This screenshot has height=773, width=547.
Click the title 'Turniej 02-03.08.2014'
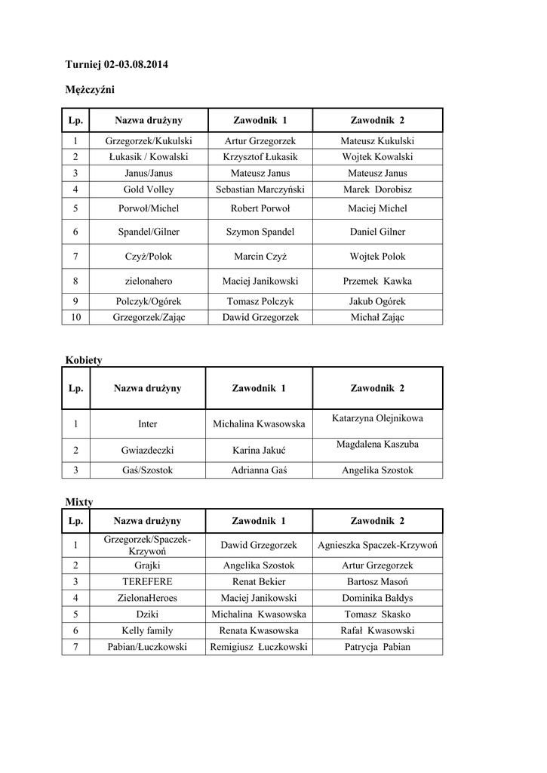tap(117, 64)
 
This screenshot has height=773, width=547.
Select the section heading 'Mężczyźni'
tap(91, 90)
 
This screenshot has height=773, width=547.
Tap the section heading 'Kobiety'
tap(84, 360)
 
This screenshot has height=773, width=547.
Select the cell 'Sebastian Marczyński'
tap(260, 189)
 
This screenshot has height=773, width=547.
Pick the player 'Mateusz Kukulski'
tap(377, 141)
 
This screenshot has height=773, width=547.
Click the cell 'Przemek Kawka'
tap(377, 281)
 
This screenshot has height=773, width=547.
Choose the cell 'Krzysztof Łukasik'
tap(260, 157)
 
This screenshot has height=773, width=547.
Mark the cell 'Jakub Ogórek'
tap(377, 301)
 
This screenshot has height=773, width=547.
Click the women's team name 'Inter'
tap(148, 423)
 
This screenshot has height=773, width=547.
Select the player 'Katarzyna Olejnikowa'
tap(377, 418)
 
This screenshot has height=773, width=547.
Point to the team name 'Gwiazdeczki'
tap(148, 450)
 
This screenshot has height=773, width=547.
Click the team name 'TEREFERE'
tap(148, 582)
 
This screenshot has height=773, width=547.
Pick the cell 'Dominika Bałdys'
tap(377, 598)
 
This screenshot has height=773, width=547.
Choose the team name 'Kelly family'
tap(148, 630)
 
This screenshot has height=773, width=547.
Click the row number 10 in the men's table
tap(75, 318)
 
